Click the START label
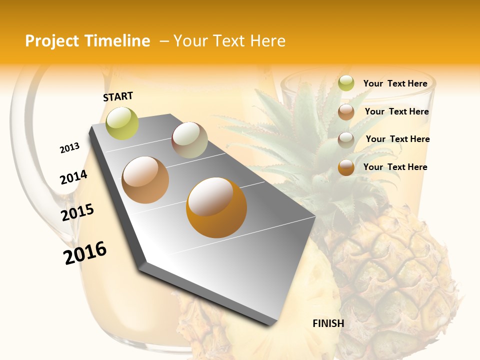118,96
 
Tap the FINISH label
328,323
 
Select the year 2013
70,148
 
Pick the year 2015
77,212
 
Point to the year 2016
85,253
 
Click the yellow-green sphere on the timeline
122,123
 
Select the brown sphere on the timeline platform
145,180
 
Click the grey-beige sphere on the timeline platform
189,140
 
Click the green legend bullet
346,83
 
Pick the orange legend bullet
346,167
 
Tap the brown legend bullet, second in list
346,112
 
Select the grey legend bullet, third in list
346,139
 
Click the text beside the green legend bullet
395,84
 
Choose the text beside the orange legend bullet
395,167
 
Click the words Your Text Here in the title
229,41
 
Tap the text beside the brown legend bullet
396,111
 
